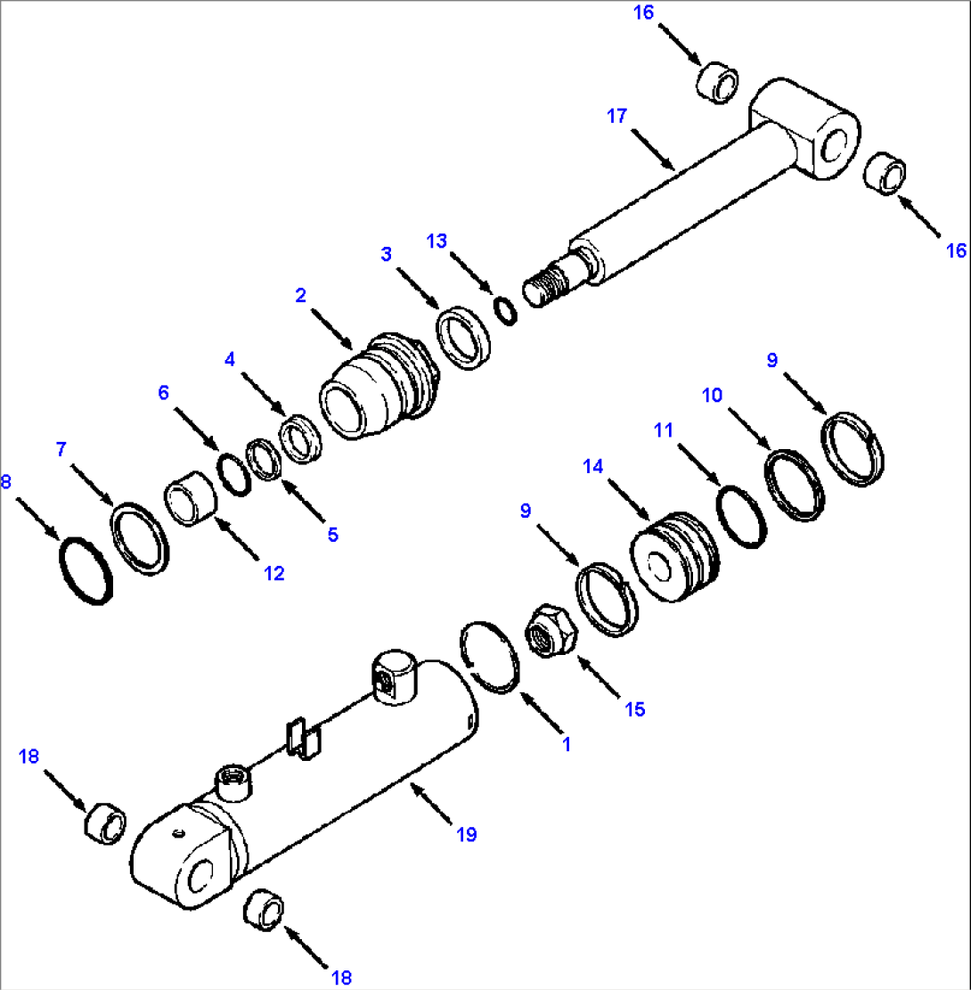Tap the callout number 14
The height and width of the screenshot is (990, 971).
point(593,465)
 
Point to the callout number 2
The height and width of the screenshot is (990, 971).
point(301,294)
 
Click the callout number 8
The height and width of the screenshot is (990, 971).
point(7,482)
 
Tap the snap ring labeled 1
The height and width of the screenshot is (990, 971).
point(490,655)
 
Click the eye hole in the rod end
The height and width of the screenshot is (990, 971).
point(836,145)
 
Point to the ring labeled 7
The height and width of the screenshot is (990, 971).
point(140,537)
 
